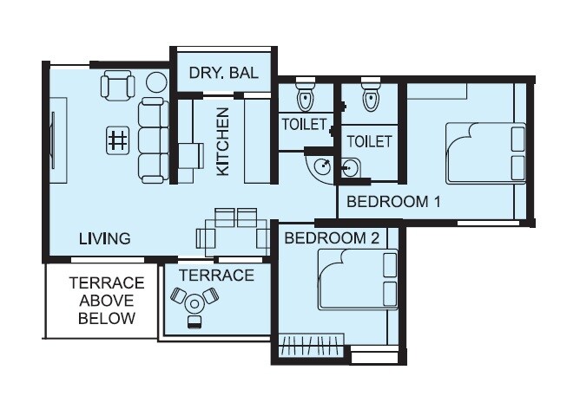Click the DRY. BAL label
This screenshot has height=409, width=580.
223,75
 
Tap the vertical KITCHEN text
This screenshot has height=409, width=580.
223,141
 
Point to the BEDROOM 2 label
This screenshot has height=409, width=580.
332,237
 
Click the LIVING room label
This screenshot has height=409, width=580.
104,238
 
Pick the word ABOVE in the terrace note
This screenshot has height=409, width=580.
106,301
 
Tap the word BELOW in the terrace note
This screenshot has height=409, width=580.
106,318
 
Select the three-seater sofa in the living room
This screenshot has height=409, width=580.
153,140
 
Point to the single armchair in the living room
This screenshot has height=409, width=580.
118,86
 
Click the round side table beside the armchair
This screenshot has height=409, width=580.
156,83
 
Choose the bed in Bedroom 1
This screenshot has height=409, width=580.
485,153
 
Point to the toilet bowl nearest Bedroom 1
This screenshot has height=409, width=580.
371,96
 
